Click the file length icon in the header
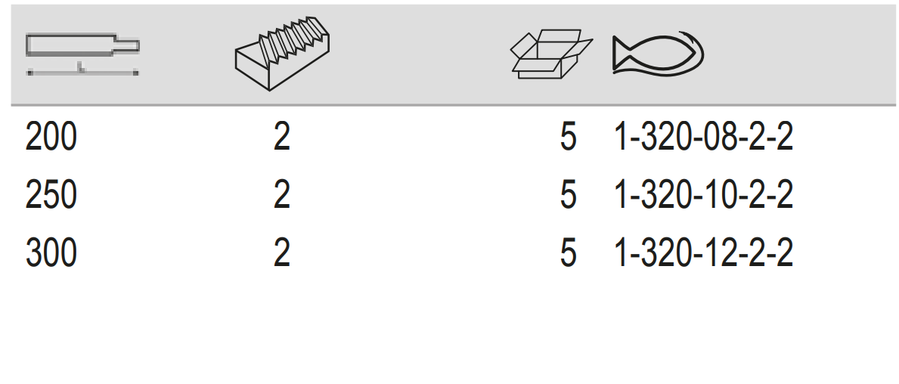82,54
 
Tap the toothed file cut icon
282,54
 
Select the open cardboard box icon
551,54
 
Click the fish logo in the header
659,54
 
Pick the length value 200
51,138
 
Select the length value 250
51,195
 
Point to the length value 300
51,252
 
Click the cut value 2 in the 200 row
281,138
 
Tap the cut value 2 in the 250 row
281,195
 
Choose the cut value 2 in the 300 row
281,252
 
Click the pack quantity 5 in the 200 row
568,138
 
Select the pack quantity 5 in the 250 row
568,195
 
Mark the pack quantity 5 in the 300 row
568,252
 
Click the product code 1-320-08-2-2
703,138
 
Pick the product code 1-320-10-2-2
703,195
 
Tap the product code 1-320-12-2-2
703,252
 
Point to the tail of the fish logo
621,54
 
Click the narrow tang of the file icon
127,46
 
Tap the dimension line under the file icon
82,73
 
